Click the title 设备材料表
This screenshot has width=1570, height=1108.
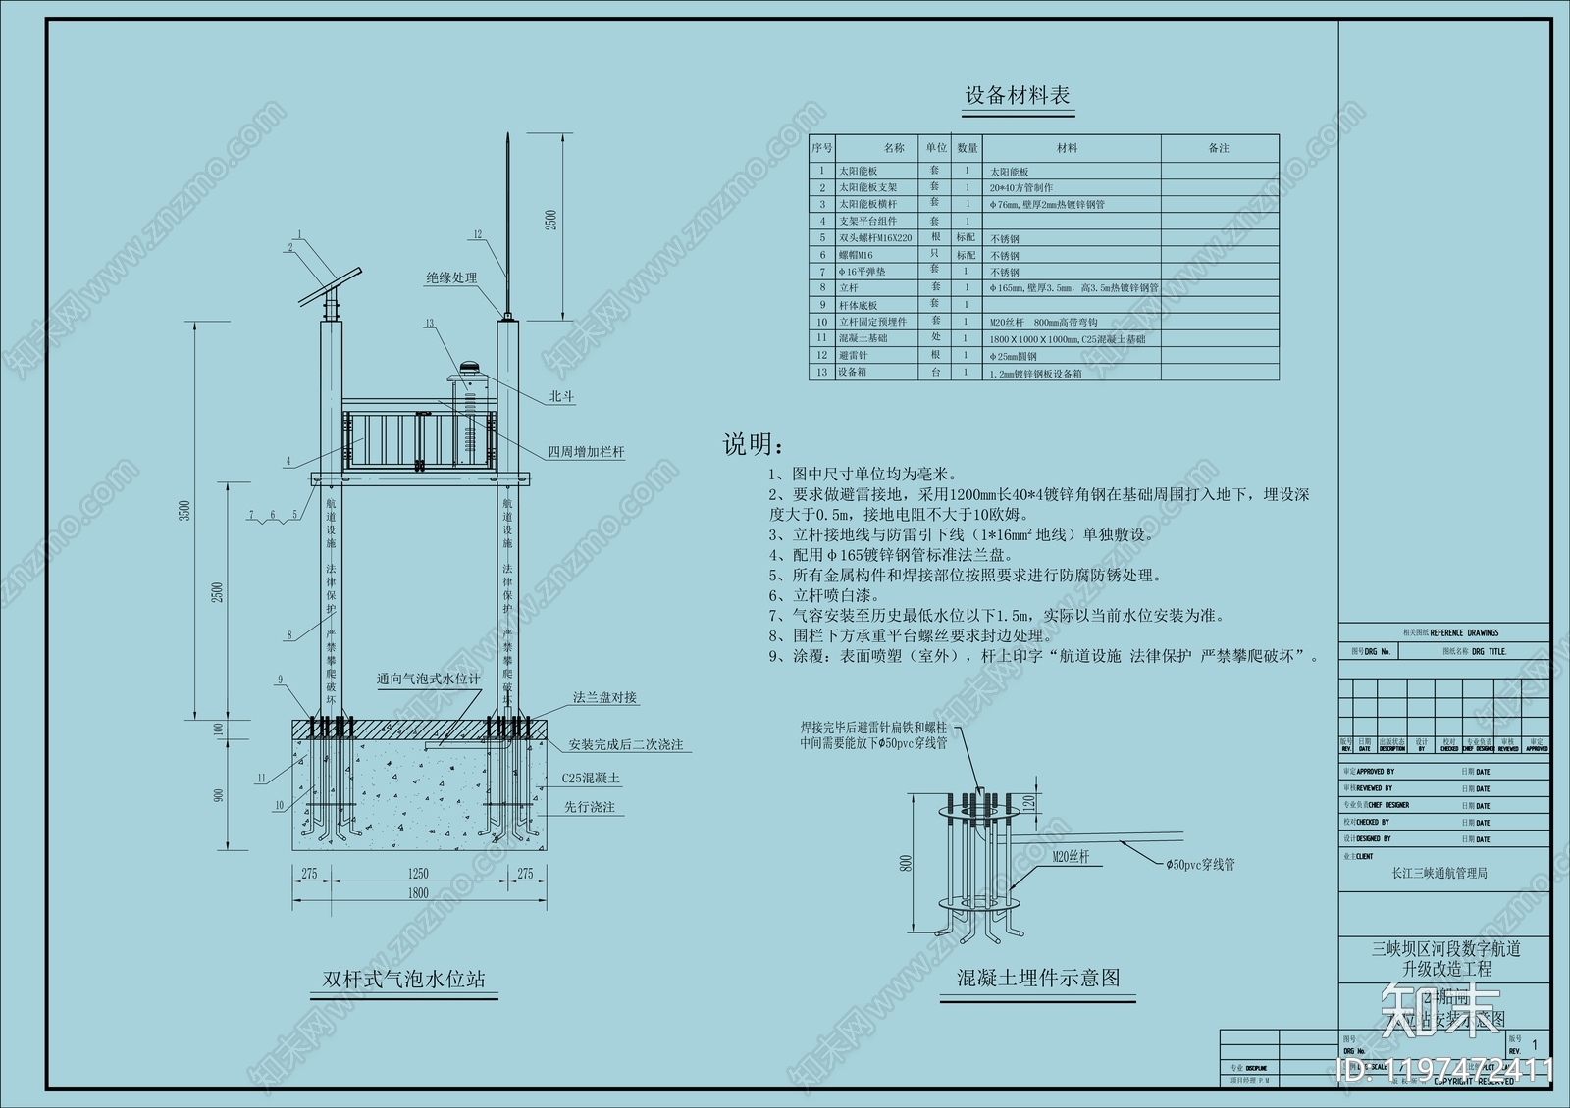tap(1018, 96)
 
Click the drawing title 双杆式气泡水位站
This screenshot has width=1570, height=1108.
tap(403, 979)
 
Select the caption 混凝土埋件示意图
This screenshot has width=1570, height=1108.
tap(1038, 978)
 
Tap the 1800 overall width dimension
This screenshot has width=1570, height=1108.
tap(418, 893)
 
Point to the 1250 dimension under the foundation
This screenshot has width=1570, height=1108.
tap(418, 873)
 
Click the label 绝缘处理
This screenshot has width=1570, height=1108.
tap(451, 278)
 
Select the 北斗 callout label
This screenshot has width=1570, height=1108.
tap(561, 397)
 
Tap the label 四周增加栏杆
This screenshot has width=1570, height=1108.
tap(586, 452)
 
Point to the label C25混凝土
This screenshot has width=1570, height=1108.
tap(591, 779)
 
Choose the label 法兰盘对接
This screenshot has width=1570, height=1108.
tap(605, 698)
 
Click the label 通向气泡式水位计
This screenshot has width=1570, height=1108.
tap(429, 679)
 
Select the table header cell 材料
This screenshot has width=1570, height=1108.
tap(1067, 148)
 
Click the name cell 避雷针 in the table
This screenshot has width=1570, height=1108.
tap(853, 355)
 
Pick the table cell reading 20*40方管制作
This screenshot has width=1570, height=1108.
tap(1020, 187)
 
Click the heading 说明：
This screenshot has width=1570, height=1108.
tap(754, 445)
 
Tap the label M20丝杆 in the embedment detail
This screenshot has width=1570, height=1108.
tap(1071, 857)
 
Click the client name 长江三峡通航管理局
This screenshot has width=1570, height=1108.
tap(1439, 873)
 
